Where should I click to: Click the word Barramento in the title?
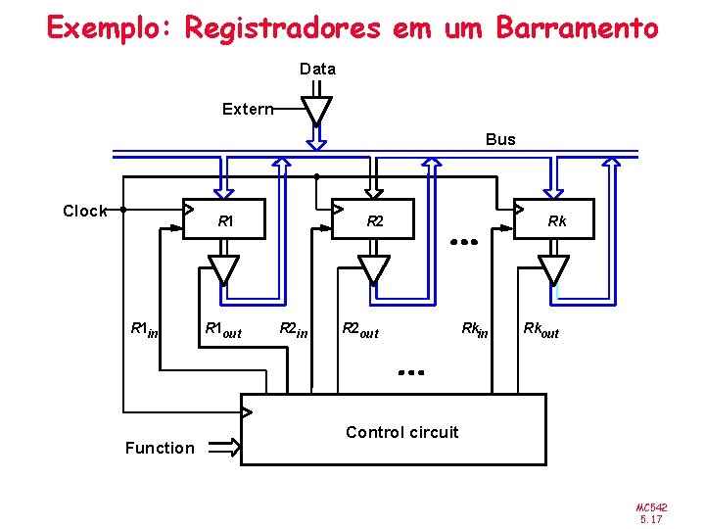(x=577, y=27)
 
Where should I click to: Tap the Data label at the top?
(x=317, y=69)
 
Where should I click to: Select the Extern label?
(x=247, y=109)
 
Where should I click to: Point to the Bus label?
(x=500, y=139)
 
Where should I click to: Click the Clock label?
(x=84, y=211)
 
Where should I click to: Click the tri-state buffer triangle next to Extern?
(x=315, y=110)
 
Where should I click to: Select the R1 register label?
(x=225, y=221)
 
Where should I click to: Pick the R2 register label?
(x=375, y=221)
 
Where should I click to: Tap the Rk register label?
(x=557, y=221)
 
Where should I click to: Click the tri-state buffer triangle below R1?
(x=224, y=267)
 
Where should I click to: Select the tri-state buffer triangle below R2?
(x=373, y=267)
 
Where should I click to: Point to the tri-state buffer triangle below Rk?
(x=554, y=267)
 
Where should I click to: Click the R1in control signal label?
(x=144, y=329)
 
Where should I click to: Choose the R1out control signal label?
(x=222, y=329)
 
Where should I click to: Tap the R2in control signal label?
(x=293, y=329)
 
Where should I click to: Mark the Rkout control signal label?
(x=540, y=329)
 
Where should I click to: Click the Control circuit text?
(x=401, y=432)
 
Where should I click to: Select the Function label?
(x=160, y=448)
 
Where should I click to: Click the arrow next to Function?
(x=224, y=448)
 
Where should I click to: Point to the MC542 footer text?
(x=651, y=507)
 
